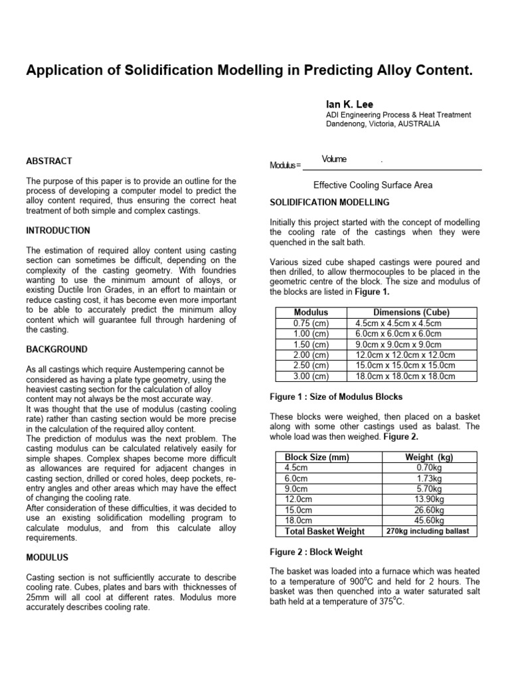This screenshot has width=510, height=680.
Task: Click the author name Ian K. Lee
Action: point(349,104)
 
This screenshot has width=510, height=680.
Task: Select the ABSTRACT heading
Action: point(49,161)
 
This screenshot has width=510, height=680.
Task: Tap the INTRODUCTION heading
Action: point(58,230)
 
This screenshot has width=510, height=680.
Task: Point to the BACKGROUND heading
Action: point(56,349)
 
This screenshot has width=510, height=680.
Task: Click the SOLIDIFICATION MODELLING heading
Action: point(329,202)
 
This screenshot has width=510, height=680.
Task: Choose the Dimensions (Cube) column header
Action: point(411,312)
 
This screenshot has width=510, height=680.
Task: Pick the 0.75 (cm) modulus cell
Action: point(311,323)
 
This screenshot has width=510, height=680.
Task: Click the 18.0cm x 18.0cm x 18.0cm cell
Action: point(405,376)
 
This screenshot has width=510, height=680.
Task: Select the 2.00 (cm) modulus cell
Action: point(311,355)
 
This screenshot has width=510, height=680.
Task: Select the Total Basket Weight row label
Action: point(325,531)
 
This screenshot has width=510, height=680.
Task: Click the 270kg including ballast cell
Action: point(427,531)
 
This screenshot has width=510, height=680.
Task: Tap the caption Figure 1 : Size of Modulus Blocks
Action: point(336,397)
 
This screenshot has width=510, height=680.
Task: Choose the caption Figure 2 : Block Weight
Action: point(315,552)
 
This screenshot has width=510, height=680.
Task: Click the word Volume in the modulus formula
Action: point(334,159)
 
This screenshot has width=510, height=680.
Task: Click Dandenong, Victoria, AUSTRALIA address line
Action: point(382,124)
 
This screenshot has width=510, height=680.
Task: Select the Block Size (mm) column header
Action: point(317,458)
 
